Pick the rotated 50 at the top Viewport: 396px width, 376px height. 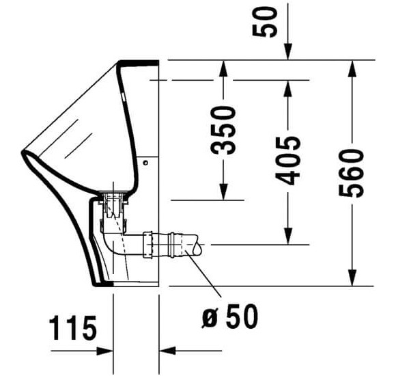pos(268,22)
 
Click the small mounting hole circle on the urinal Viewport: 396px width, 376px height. pos(145,163)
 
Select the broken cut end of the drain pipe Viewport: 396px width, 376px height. pos(195,243)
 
